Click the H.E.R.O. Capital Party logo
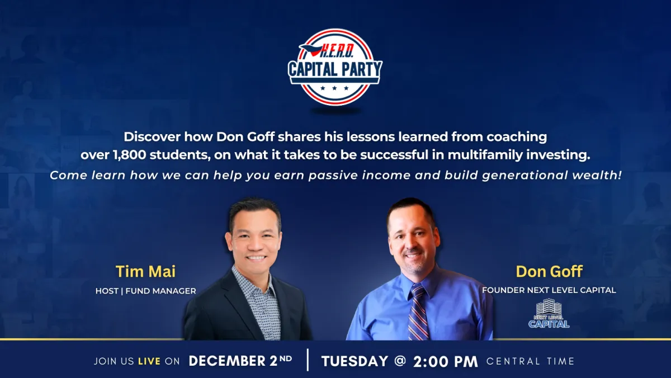[335, 67]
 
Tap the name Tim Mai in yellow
[145, 271]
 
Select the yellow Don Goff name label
[549, 271]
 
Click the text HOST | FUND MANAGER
[145, 291]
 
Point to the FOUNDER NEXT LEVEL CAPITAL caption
[549, 290]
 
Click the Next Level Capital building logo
[549, 313]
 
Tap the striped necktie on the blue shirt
[418, 312]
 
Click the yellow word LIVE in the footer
[149, 361]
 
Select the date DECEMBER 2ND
[240, 361]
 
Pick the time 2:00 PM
[446, 362]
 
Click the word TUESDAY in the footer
[355, 361]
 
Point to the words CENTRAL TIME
[530, 361]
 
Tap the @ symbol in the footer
[400, 361]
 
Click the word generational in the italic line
[526, 175]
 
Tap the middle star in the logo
[334, 88]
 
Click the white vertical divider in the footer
[308, 360]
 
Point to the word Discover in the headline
[152, 137]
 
